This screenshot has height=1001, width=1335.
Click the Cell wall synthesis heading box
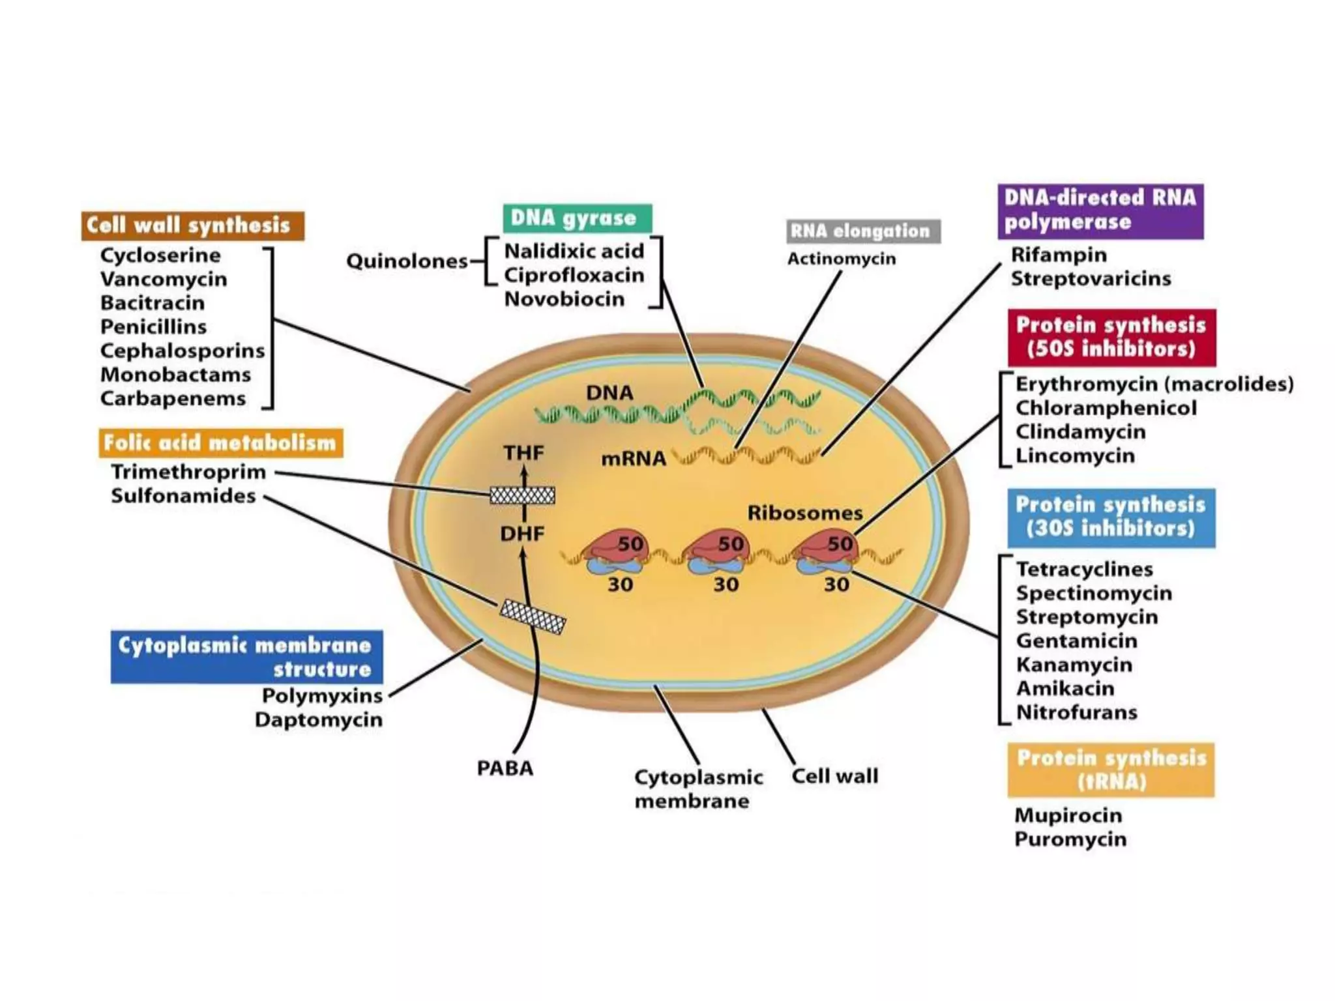192,225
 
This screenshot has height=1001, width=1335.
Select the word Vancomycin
164,279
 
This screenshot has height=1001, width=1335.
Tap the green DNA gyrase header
577,218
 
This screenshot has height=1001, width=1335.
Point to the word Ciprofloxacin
574,275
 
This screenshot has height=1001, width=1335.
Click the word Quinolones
407,261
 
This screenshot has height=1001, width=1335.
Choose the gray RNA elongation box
863,231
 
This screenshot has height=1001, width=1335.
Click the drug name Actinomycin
842,259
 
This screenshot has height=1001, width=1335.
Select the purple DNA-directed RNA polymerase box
1100,210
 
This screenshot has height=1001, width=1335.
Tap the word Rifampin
1059,255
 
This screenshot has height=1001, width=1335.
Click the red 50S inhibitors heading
1111,337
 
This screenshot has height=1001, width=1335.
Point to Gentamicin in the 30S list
1076,641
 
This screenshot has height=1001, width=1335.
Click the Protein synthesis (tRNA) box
1111,770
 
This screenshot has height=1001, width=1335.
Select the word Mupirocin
1068,815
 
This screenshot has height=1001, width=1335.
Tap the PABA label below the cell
505,768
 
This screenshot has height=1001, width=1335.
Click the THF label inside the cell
523,452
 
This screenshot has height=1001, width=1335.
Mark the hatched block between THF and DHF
522,495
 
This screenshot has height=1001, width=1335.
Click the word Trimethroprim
188,472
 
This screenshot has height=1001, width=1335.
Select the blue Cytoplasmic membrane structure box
246,657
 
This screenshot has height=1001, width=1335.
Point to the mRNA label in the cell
633,459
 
